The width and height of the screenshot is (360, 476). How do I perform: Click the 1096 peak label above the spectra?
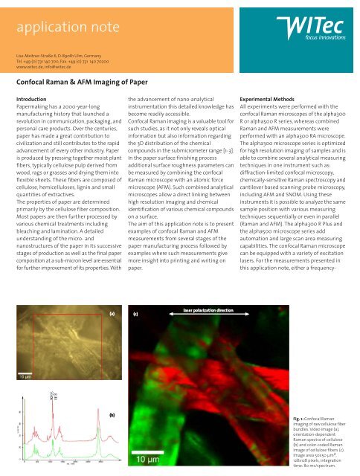[50, 396]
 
